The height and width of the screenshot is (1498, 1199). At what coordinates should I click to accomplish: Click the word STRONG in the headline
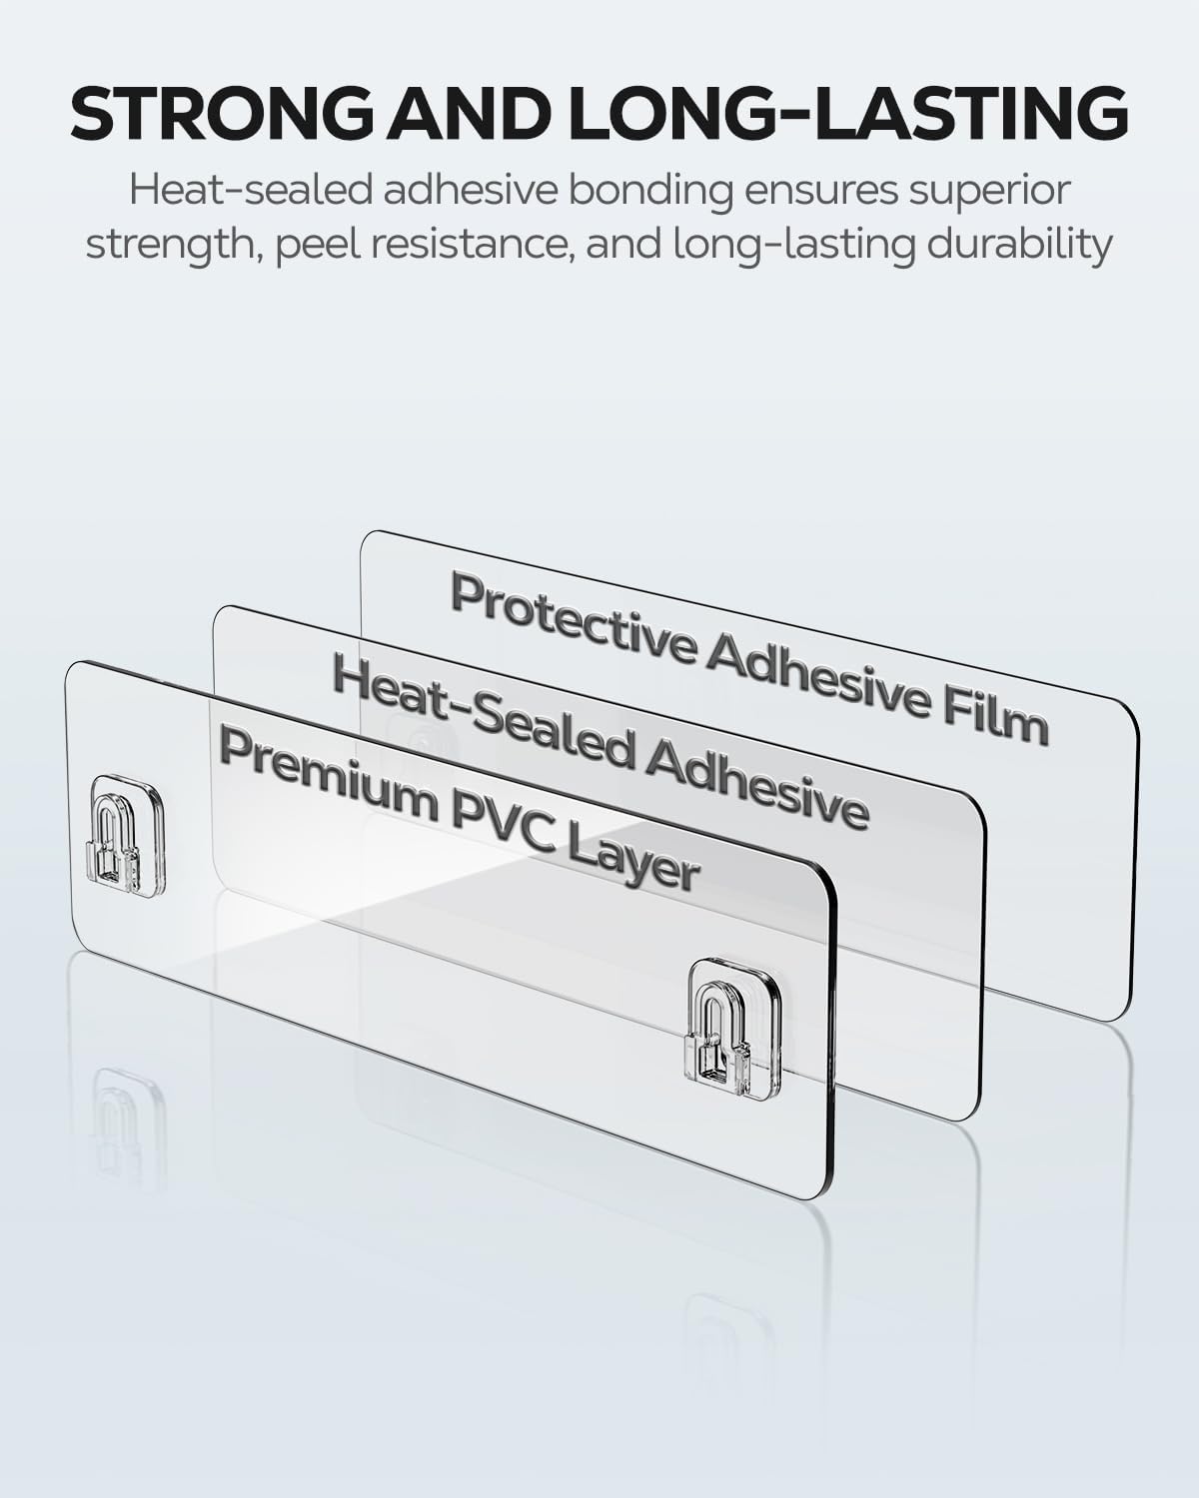[223, 112]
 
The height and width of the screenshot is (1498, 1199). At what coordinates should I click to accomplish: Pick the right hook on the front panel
[731, 1032]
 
